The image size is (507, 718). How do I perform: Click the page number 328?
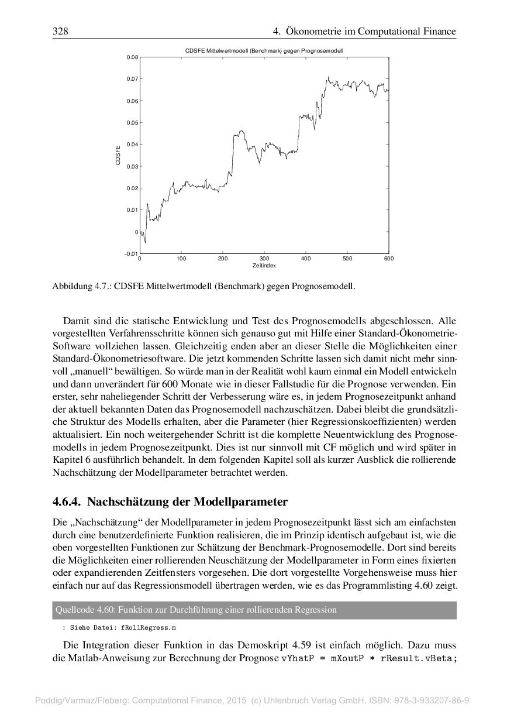tap(60, 32)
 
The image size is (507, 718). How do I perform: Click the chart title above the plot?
tap(264, 51)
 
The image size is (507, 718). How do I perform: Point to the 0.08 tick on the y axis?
tap(133, 57)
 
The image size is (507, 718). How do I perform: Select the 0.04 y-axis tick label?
tap(133, 145)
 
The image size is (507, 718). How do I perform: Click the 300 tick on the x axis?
tap(264, 259)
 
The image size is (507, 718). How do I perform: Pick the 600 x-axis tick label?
tap(389, 259)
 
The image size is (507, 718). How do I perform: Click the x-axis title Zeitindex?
tap(264, 266)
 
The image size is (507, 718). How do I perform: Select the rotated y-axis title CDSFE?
tap(118, 155)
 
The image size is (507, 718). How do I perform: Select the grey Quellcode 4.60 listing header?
tap(254, 610)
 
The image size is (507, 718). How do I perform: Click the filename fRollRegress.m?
tap(149, 627)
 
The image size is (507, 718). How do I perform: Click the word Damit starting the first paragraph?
tap(74, 321)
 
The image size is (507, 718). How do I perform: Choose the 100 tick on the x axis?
tap(181, 259)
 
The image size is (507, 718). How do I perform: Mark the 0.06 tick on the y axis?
tap(133, 101)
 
